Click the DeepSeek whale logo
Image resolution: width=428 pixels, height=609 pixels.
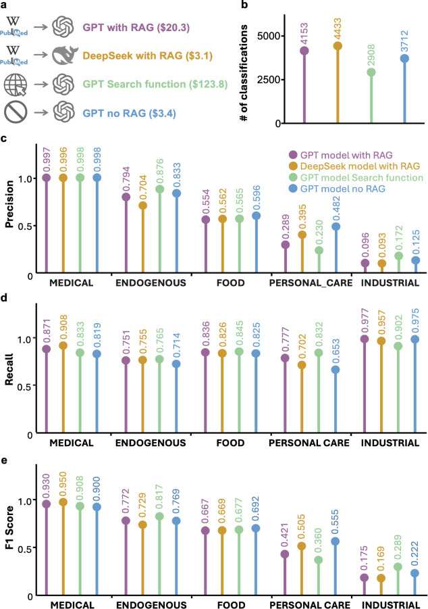64,55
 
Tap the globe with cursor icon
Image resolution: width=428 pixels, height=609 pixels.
16,84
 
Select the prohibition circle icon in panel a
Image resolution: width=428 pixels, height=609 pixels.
16,113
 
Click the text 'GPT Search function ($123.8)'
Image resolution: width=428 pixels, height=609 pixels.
155,84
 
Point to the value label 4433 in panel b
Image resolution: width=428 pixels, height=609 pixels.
337,28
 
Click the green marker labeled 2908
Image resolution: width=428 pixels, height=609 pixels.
371,72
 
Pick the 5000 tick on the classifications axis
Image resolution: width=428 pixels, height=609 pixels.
269,36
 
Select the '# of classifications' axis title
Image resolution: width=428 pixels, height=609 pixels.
244,73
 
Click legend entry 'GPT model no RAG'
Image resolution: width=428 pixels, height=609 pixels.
343,189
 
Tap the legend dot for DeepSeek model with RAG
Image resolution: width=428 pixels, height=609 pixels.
294,166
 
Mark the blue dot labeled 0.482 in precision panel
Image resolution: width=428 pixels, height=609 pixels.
336,226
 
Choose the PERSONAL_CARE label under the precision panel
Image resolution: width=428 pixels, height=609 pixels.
311,283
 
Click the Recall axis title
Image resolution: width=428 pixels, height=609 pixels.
9,369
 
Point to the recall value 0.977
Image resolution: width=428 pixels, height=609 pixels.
365,321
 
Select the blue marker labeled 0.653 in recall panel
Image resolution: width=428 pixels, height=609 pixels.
336,369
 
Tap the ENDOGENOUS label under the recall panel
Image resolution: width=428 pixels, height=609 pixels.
151,443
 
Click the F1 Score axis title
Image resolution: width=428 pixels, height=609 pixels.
9,527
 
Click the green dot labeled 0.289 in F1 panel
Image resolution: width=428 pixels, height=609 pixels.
398,566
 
